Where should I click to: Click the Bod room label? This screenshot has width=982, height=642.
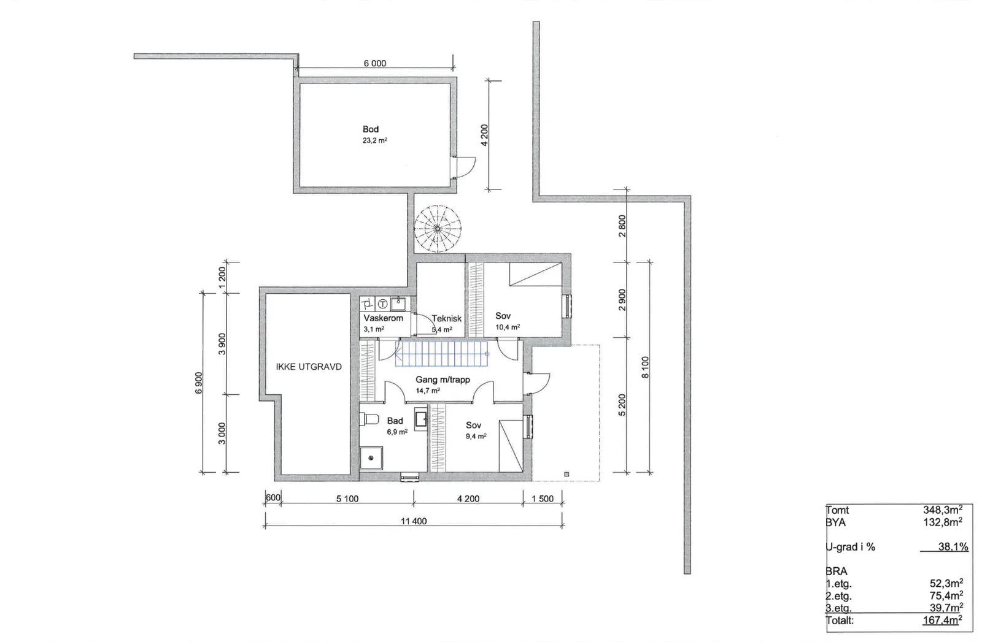[371, 129]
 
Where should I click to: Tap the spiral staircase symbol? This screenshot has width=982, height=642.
[438, 229]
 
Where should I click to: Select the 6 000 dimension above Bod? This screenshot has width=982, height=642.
[375, 63]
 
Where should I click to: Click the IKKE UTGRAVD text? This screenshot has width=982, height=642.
[309, 367]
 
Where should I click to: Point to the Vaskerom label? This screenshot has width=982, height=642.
[383, 318]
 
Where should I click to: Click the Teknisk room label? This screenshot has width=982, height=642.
[446, 319]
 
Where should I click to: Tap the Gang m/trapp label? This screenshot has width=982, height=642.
[443, 380]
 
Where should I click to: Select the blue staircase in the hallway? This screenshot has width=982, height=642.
[442, 353]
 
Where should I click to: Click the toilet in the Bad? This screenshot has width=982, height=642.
[369, 419]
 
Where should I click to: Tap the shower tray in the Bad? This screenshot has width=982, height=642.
[371, 458]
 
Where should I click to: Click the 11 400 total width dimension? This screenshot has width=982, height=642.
[414, 521]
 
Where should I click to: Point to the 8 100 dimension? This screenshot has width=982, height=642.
[645, 367]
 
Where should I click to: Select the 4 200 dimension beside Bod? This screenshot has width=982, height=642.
[484, 136]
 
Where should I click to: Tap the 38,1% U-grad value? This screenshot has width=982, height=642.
[953, 547]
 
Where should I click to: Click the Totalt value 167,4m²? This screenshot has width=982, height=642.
[942, 620]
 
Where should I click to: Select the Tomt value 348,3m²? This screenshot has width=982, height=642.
[943, 510]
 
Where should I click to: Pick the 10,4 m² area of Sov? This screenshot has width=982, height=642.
[508, 327]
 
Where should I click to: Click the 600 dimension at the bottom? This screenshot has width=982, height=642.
[273, 497]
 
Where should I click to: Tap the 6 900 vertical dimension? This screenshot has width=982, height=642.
[199, 383]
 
